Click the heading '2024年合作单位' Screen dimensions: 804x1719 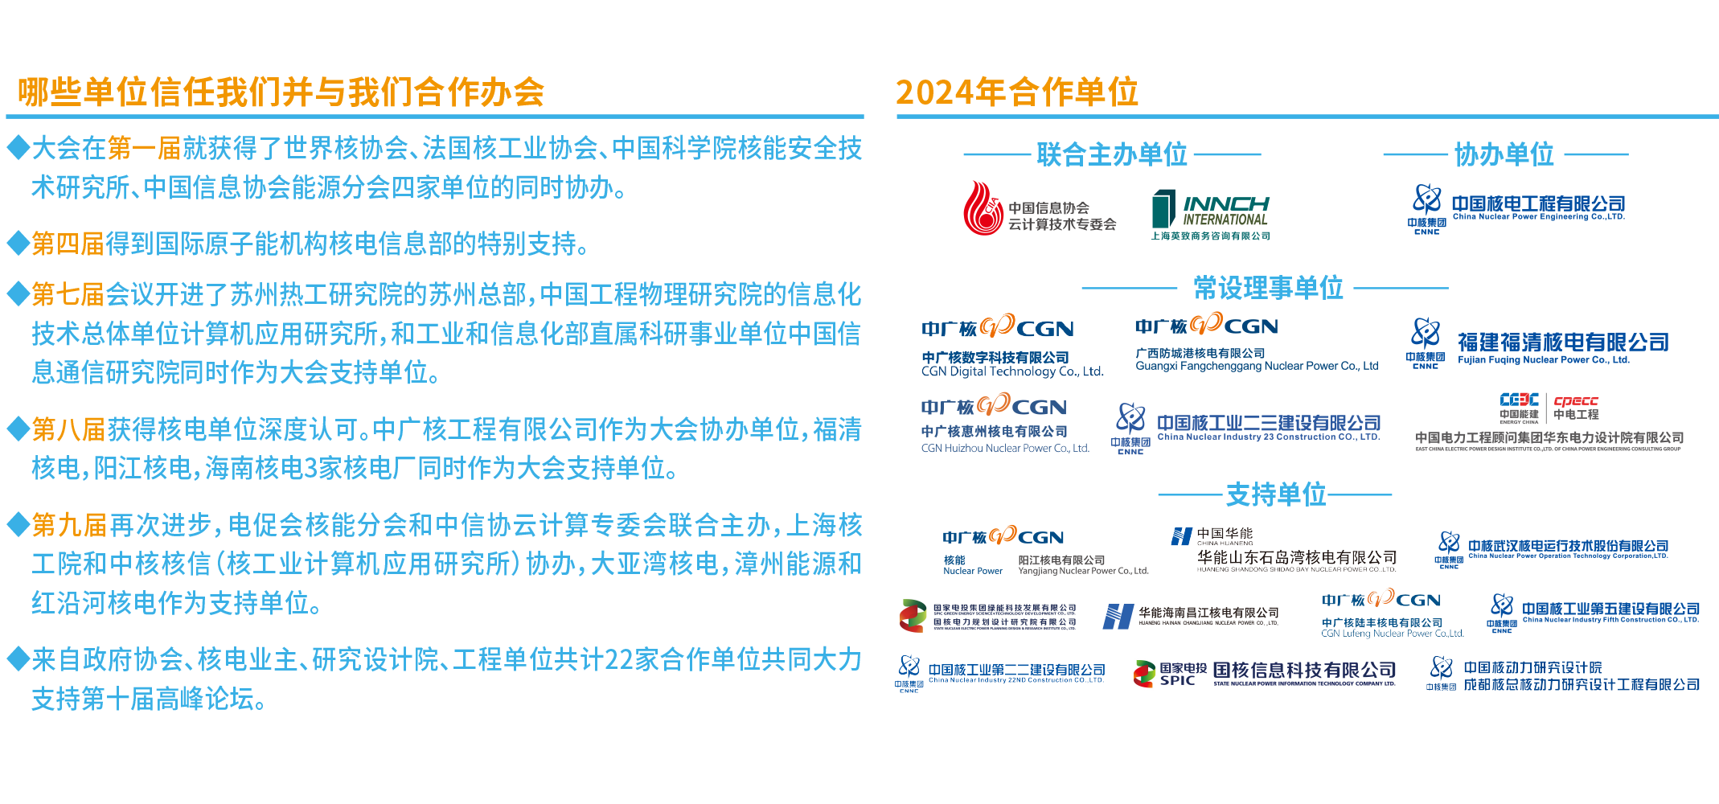(1016, 92)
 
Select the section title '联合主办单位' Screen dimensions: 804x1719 (1111, 154)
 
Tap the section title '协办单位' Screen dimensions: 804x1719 (1504, 154)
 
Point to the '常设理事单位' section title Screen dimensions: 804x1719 (1268, 288)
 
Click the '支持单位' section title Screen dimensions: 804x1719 (1275, 494)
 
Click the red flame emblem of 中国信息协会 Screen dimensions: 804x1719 (983, 209)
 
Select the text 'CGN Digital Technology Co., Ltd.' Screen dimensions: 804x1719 (1011, 371)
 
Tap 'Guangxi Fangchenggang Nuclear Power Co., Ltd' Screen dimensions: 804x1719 (1256, 366)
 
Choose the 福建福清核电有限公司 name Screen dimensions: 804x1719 (1562, 343)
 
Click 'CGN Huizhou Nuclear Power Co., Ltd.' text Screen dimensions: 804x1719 (1004, 448)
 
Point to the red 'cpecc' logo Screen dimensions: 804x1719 (1576, 400)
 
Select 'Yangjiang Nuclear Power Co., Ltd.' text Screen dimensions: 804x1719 (1083, 571)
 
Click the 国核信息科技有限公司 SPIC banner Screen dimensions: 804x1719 (1265, 675)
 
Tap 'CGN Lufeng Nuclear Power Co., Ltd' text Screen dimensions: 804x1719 (1392, 634)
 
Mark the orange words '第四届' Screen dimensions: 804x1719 (68, 244)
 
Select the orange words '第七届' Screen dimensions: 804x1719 (68, 294)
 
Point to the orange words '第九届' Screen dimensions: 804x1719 (69, 525)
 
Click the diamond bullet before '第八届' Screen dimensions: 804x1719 (18, 429)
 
